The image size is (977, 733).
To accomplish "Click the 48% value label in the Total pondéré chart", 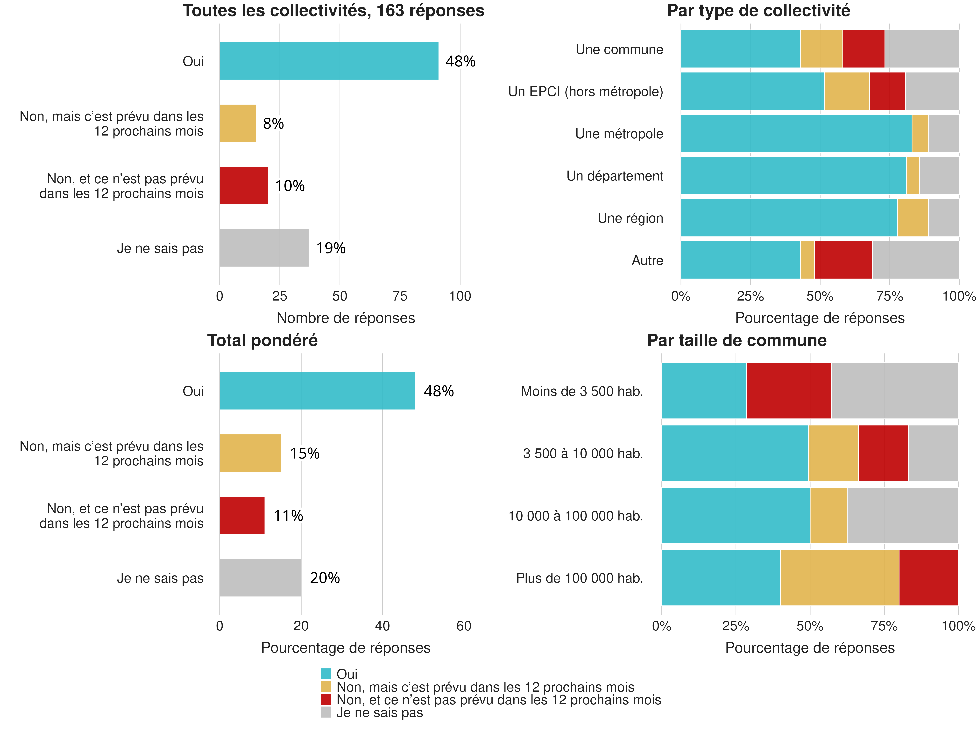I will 439,391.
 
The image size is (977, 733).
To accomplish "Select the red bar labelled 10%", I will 243,186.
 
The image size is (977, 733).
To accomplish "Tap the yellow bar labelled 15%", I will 250,453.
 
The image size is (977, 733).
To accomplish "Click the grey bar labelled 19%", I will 264,248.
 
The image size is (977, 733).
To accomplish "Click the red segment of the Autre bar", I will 843,260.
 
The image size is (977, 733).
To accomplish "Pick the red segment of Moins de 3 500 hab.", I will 788,391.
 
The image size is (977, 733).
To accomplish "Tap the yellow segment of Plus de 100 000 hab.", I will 839,577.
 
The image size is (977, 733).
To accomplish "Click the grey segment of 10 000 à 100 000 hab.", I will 902,515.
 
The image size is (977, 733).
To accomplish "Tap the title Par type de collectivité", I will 758,11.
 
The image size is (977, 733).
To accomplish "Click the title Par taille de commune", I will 737,340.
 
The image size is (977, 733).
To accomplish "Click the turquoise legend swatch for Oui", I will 326,674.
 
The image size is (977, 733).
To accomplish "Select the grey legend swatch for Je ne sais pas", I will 326,712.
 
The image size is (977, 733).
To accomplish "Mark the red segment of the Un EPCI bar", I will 887,91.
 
